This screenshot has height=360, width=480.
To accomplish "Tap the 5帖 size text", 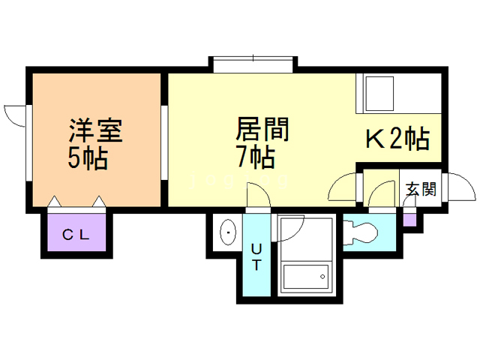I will pyautogui.click(x=87, y=159).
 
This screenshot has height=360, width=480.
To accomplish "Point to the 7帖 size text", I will pyautogui.click(x=255, y=157).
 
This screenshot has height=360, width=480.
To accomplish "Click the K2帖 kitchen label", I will pyautogui.click(x=397, y=138).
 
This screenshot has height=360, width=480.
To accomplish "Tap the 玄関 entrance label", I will pyautogui.click(x=421, y=189).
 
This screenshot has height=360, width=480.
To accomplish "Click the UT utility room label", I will pyautogui.click(x=256, y=256).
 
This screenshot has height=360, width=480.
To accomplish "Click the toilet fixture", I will pyautogui.click(x=362, y=232).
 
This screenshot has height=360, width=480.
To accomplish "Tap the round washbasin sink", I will pyautogui.click(x=227, y=234).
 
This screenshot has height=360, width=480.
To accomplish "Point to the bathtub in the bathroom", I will pyautogui.click(x=305, y=277).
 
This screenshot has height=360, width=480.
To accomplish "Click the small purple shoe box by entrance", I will pyautogui.click(x=409, y=220).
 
